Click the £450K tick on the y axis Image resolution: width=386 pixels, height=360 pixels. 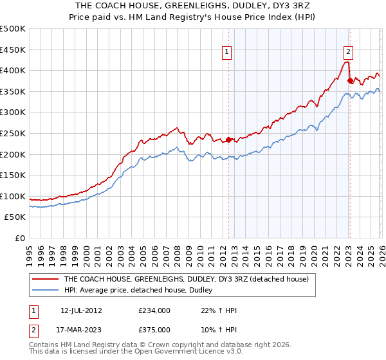click(x=13, y=50)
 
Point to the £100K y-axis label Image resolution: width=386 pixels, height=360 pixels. click(x=13, y=196)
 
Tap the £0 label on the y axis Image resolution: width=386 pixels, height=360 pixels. click(x=21, y=238)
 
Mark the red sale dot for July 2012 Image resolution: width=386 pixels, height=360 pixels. click(x=228, y=139)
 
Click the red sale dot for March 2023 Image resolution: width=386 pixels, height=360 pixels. click(x=351, y=81)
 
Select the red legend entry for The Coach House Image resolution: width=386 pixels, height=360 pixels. click(x=186, y=279)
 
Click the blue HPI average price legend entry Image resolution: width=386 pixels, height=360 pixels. click(x=142, y=291)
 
